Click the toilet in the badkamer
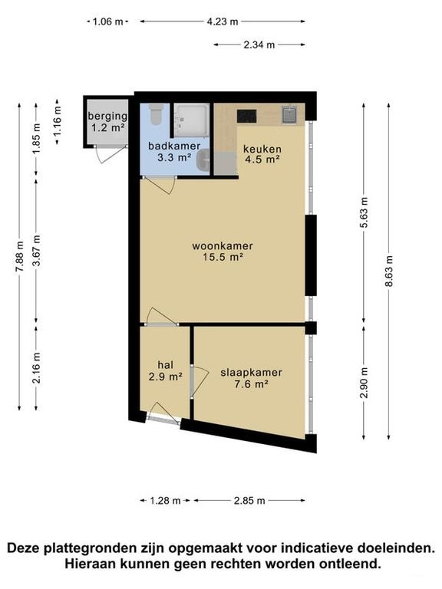156,114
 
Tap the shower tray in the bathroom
191,119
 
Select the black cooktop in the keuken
247,116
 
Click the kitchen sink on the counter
290,114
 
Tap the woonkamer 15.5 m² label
223,252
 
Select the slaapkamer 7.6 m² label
251,378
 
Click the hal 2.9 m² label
166,370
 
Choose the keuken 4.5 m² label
262,154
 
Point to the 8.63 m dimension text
388,271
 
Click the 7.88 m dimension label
19,256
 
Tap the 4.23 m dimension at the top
223,21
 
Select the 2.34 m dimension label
259,44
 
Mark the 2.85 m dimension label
249,500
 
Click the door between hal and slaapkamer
199,382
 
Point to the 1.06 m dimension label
108,21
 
